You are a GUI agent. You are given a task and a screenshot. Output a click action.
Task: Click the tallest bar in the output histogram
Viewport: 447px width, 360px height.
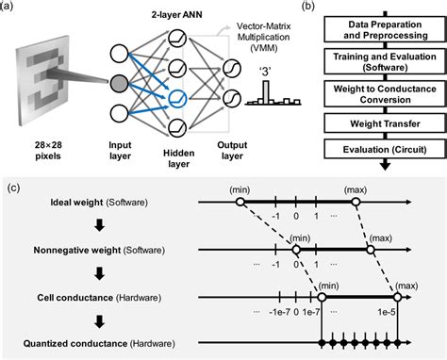[267, 92]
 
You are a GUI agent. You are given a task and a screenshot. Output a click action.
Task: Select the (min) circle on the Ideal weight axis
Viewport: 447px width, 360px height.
[240, 202]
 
